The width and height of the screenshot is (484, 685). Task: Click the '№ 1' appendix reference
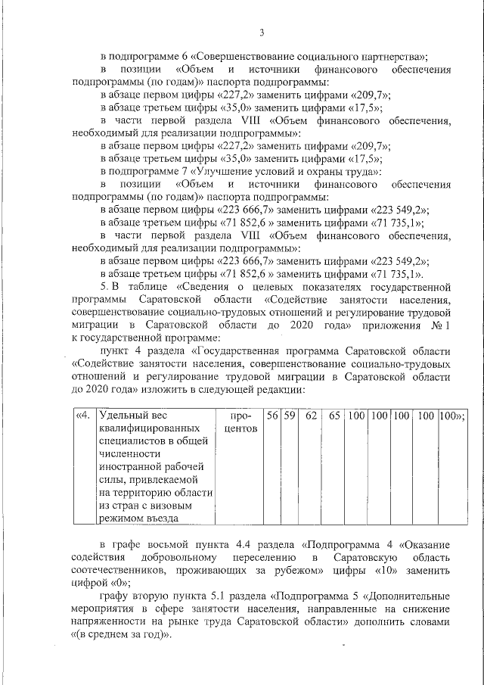point(440,324)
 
